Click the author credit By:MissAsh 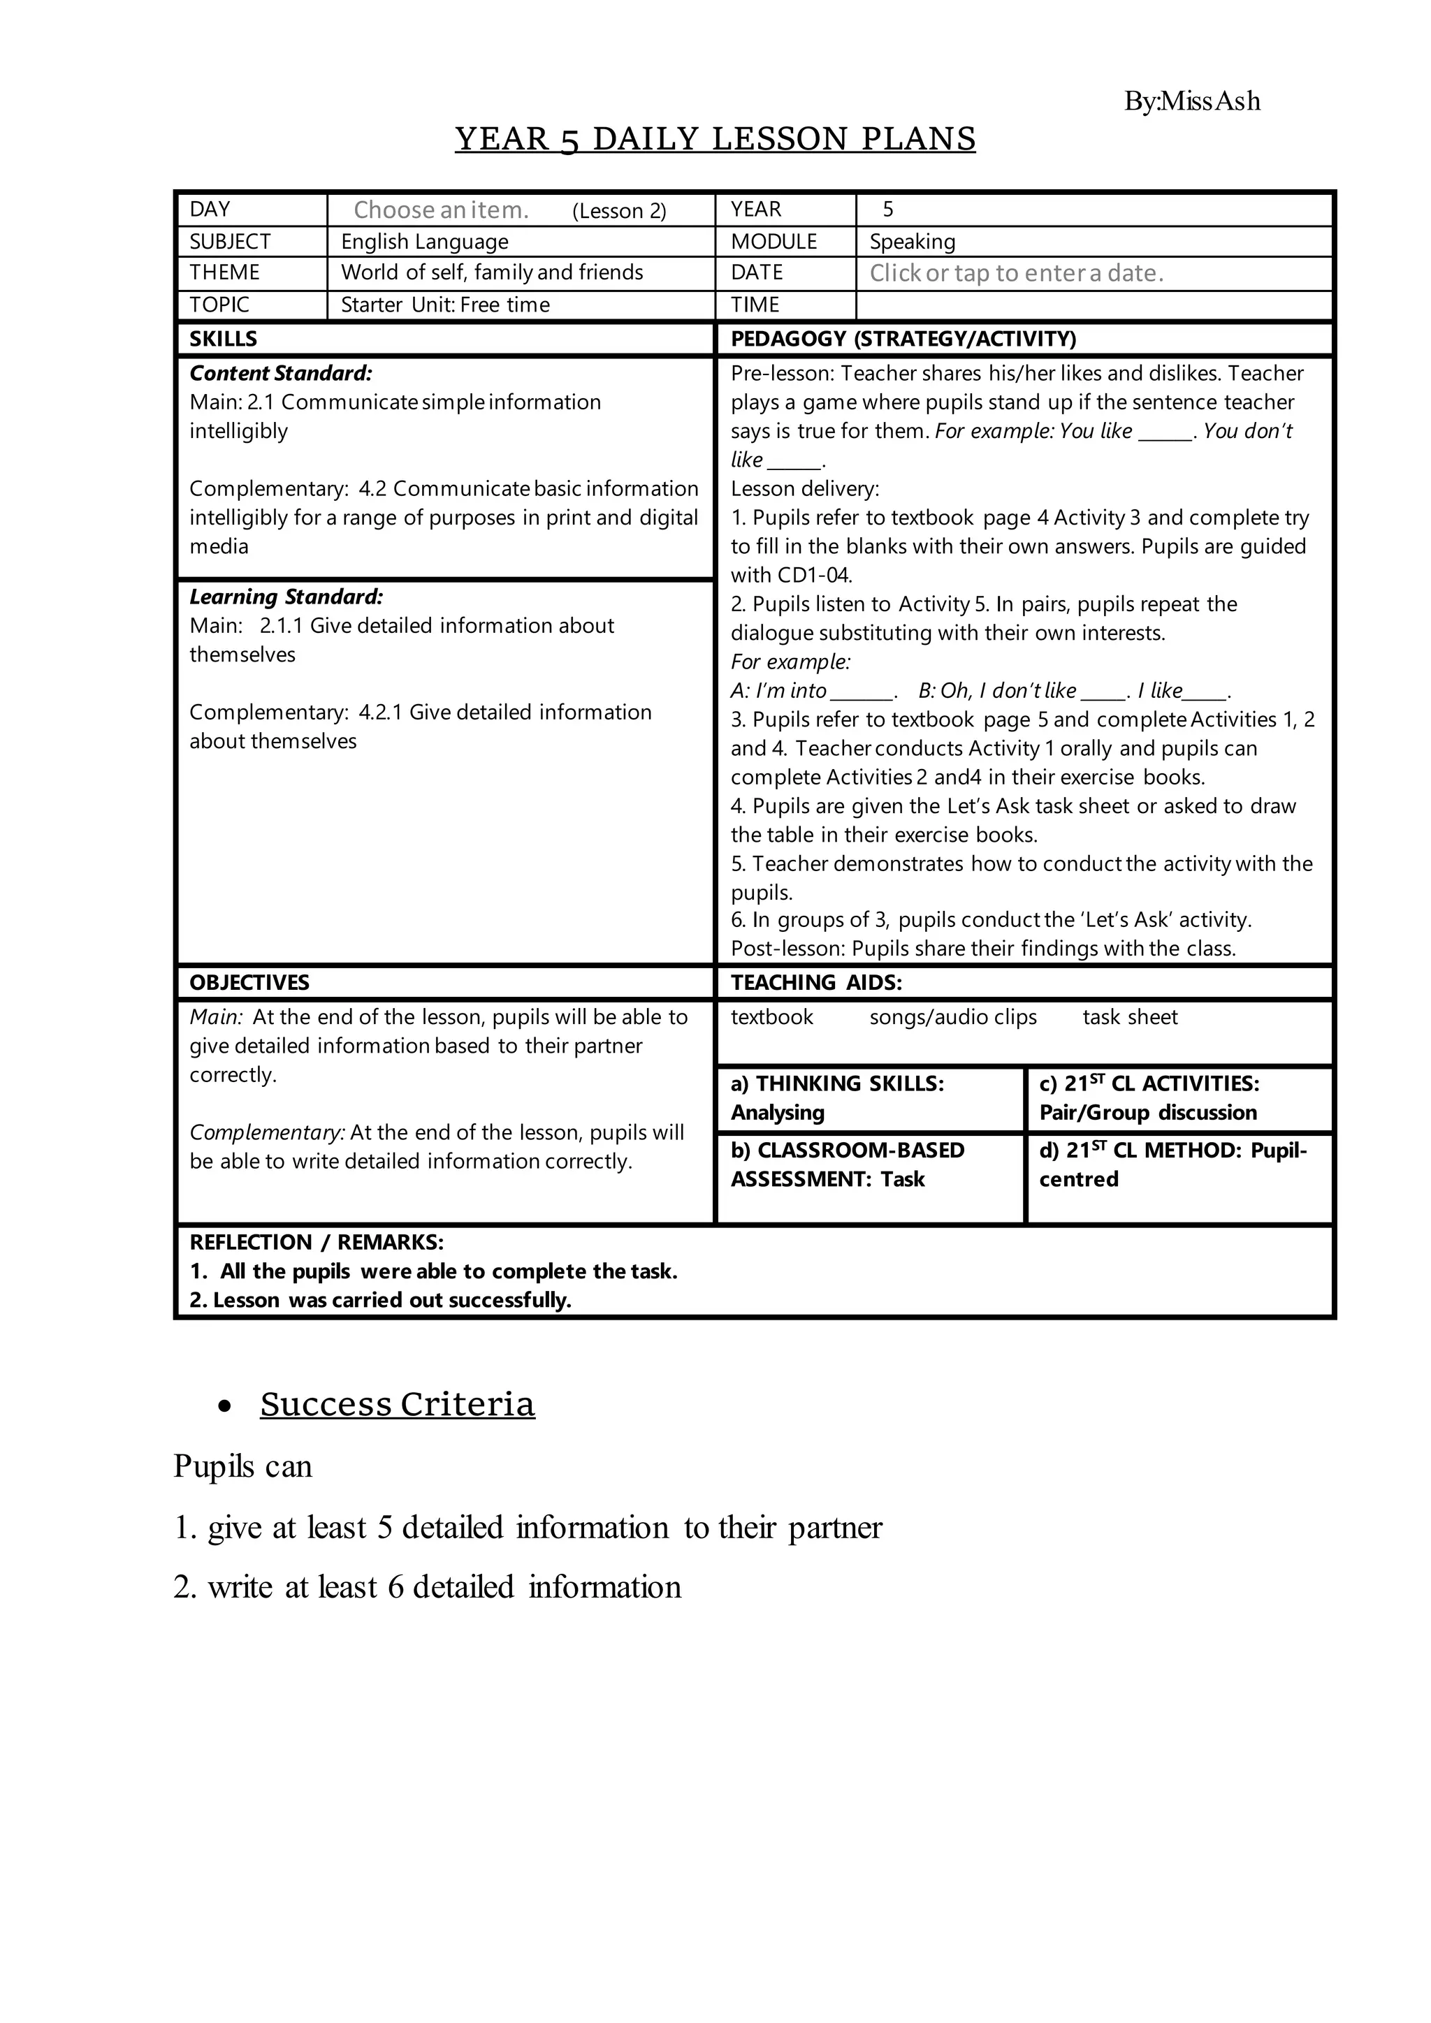[1191, 101]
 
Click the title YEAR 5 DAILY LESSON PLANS [715, 139]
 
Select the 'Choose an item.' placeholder [441, 210]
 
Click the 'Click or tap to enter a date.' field [1016, 273]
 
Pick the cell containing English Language [425, 242]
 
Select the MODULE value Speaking [912, 242]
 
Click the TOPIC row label [219, 305]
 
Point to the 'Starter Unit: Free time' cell [445, 305]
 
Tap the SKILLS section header [223, 339]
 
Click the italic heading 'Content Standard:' [280, 374]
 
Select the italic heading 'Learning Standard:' [286, 597]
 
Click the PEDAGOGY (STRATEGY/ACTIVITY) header [903, 339]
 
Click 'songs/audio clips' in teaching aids [952, 1017]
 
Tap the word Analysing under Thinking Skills [777, 1112]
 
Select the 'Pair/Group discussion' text [1147, 1112]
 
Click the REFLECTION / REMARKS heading [317, 1242]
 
